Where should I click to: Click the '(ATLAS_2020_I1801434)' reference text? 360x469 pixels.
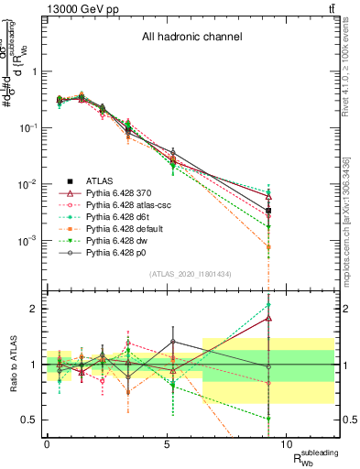[191, 274]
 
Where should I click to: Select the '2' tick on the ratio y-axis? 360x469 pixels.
[33, 309]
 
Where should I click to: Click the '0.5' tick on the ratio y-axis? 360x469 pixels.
[28, 420]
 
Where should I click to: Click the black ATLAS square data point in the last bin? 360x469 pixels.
[268, 211]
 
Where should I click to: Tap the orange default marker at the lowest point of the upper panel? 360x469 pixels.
[268, 247]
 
